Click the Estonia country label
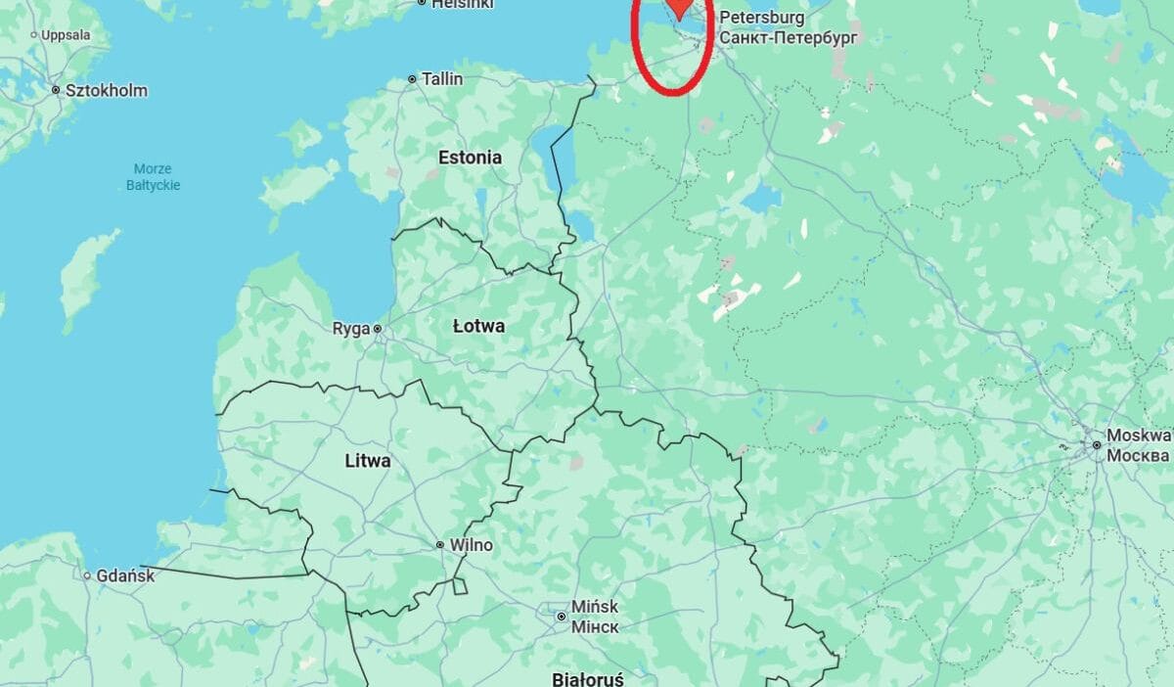pos(470,158)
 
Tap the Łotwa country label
pos(478,326)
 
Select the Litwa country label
pos(368,460)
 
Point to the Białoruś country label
pos(587,678)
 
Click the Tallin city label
pos(442,79)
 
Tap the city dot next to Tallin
pos(413,79)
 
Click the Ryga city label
pos(350,329)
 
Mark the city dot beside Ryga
pos(377,329)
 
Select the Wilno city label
pos(471,545)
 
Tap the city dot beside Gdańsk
pos(88,576)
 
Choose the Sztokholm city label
pos(106,91)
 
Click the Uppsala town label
pos(66,35)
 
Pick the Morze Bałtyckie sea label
pos(154,177)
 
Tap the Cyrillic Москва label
pos(1138,456)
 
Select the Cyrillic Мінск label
pos(595,626)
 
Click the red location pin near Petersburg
pos(678,9)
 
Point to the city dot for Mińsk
pos(562,617)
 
